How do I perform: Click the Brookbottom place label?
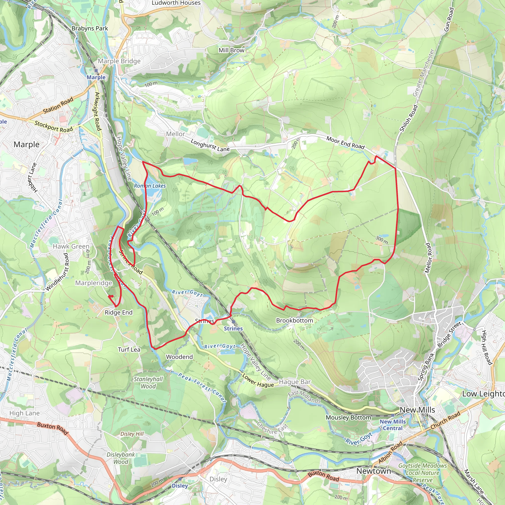(x=294, y=321)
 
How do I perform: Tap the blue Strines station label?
(x=233, y=328)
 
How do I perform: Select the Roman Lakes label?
(x=150, y=186)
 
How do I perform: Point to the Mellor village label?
(x=175, y=134)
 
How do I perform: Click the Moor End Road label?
(x=345, y=143)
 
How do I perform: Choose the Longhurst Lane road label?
(x=210, y=145)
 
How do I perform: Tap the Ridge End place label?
(x=118, y=312)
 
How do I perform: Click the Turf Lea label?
(x=129, y=349)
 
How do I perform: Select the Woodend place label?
(x=179, y=357)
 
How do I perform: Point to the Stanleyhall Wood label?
(x=148, y=383)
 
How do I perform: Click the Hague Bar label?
(x=295, y=382)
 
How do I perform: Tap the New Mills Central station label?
(x=393, y=425)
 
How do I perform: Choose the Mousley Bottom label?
(x=348, y=417)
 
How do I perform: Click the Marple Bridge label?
(x=119, y=61)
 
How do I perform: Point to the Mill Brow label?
(x=231, y=50)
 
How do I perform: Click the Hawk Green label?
(x=71, y=246)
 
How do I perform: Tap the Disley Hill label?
(x=132, y=434)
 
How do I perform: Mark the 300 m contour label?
(x=382, y=240)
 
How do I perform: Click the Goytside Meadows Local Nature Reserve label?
(x=422, y=473)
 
